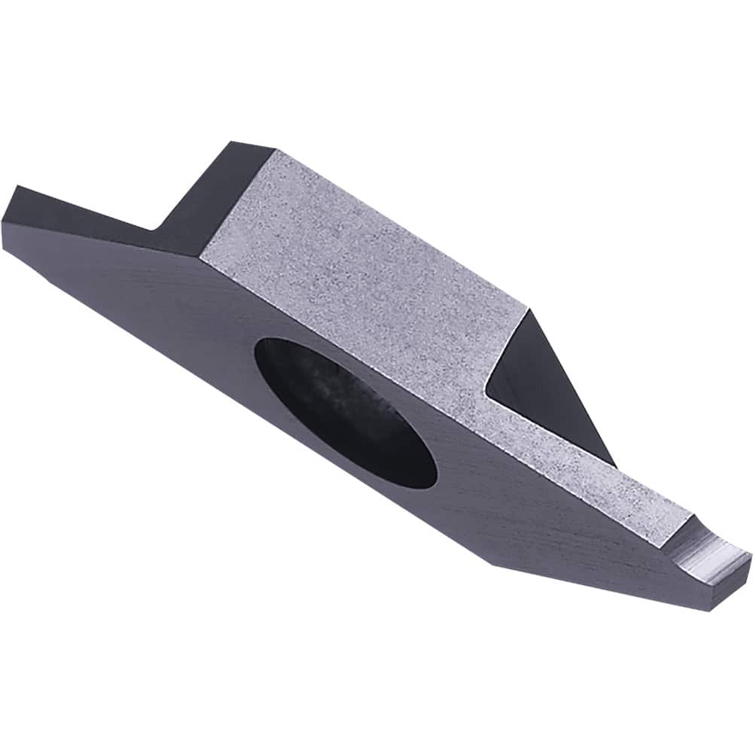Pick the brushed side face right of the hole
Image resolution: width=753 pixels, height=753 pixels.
pyautogui.click(x=527, y=520)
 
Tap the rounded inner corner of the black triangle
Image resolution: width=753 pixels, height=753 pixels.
pyautogui.click(x=489, y=389)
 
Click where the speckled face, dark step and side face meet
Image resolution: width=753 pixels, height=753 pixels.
pyautogui.click(x=200, y=256)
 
